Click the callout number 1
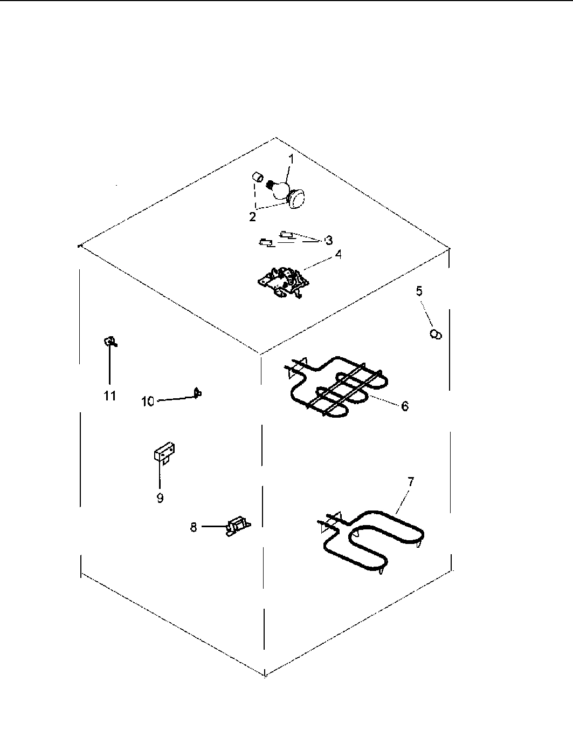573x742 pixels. coord(291,159)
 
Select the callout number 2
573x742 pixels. coord(252,216)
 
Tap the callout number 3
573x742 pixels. coord(329,240)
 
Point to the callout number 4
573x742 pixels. coord(338,255)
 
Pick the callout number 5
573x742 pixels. coord(419,291)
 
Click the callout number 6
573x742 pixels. coord(404,406)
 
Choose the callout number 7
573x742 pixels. coord(410,482)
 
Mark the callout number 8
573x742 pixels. coord(194,527)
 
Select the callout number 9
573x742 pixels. coord(160,498)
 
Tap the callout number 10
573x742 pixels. coord(148,401)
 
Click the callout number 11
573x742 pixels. coord(110,396)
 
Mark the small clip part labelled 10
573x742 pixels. coord(198,393)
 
